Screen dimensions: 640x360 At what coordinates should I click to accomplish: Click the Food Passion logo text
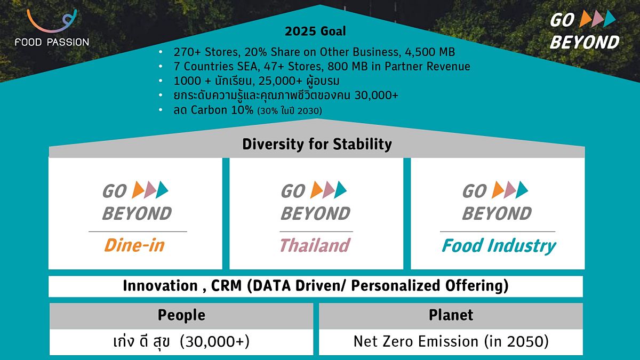click(52, 42)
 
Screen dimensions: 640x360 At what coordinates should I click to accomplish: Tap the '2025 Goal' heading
click(315, 31)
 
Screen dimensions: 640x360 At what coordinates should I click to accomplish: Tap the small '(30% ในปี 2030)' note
click(290, 111)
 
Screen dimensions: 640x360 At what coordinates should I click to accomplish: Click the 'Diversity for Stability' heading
click(317, 144)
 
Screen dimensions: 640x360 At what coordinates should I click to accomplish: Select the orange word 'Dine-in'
click(134, 245)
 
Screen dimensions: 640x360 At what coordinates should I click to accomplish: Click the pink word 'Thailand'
click(315, 245)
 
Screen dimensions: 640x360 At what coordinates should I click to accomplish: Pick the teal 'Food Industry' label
click(499, 246)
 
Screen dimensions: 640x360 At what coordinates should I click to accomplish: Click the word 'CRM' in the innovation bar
click(226, 285)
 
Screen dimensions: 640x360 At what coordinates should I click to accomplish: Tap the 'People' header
click(181, 315)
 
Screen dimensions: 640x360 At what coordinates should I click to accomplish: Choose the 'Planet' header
click(451, 315)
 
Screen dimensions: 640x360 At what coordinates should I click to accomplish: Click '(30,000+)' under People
click(215, 341)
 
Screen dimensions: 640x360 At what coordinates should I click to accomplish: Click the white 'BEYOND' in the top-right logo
click(585, 42)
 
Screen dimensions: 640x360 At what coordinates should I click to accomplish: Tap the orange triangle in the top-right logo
click(586, 19)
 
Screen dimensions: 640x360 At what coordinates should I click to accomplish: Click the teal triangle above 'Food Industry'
click(522, 190)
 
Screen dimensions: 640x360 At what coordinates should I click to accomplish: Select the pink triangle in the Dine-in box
click(150, 190)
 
